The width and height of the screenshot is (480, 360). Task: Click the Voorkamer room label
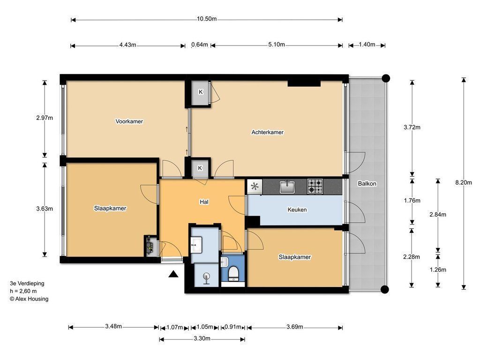pyautogui.click(x=129, y=121)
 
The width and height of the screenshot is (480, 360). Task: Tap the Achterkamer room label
pyautogui.click(x=268, y=132)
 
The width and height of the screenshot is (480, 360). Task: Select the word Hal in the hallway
pyautogui.click(x=204, y=202)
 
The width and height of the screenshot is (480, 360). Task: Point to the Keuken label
pyautogui.click(x=297, y=210)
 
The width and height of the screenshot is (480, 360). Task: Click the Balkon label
pyautogui.click(x=367, y=184)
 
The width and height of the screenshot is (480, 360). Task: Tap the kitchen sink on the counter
pyautogui.click(x=287, y=187)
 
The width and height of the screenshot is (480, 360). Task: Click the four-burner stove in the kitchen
pyautogui.click(x=315, y=187)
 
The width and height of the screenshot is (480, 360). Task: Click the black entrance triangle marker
pyautogui.click(x=173, y=274)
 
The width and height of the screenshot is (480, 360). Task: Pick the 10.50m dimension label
pyautogui.click(x=207, y=19)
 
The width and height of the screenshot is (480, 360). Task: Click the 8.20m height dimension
pyautogui.click(x=464, y=182)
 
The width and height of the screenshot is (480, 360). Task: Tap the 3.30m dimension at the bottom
pyautogui.click(x=202, y=338)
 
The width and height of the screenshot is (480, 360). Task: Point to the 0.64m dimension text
pyautogui.click(x=200, y=45)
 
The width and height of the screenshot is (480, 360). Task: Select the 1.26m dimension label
pyautogui.click(x=438, y=270)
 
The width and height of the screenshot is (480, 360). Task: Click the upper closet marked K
pyautogui.click(x=201, y=92)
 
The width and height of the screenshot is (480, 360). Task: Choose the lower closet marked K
pyautogui.click(x=200, y=168)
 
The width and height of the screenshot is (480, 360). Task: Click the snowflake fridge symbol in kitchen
pyautogui.click(x=255, y=187)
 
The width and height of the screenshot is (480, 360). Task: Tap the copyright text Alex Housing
pyautogui.click(x=29, y=299)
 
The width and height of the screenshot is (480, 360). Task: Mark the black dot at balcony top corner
pyautogui.click(x=386, y=78)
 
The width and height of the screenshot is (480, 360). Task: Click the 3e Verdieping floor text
pyautogui.click(x=27, y=284)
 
